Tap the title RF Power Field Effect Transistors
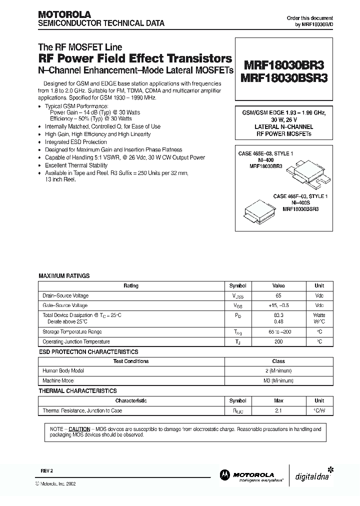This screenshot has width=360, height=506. tap(135, 59)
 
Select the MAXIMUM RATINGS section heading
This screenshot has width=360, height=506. tap(64, 275)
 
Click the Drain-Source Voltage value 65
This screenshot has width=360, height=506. tap(278, 295)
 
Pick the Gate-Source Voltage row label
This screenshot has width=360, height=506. tap(65, 305)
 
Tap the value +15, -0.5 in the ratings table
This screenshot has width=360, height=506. tap(278, 305)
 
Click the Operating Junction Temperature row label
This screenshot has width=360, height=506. tap(76, 342)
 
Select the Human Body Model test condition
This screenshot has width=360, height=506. tap(63, 371)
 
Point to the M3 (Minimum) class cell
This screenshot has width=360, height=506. tap(278, 380)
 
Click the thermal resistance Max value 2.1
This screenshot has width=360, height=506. tap(278, 410)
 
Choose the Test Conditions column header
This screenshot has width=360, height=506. tap(130, 361)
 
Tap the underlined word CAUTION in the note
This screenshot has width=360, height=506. tap(79, 429)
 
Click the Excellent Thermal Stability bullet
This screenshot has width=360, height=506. tap(76, 165)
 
